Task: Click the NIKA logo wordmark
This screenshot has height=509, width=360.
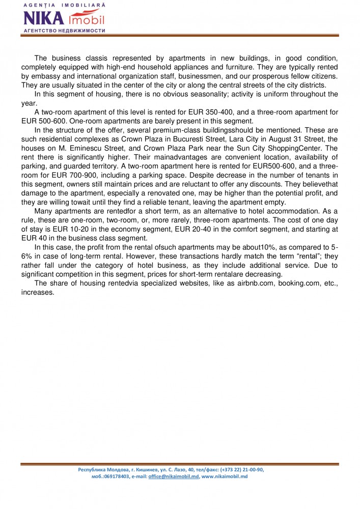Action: pyautogui.click(x=43, y=19)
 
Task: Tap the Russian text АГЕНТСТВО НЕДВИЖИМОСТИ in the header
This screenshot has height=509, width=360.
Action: pyautogui.click(x=64, y=31)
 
